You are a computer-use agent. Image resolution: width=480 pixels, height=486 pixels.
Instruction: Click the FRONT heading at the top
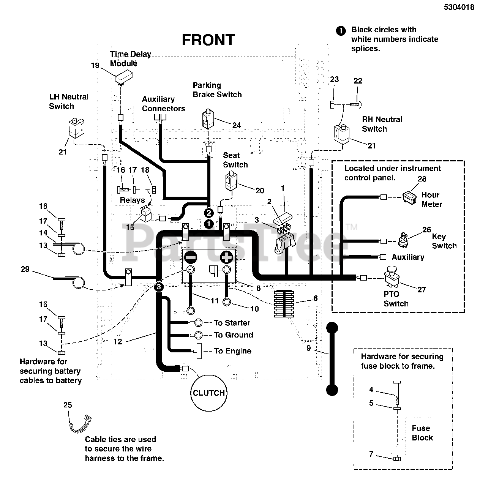(x=208, y=40)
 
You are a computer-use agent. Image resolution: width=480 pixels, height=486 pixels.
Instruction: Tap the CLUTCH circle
(x=208, y=393)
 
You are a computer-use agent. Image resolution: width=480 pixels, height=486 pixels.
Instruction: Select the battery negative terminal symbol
(x=191, y=257)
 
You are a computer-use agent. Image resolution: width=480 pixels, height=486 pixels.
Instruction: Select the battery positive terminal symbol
(x=227, y=257)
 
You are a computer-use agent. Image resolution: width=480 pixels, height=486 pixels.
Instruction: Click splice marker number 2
(x=209, y=212)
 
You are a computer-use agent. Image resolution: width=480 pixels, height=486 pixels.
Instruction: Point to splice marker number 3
(x=159, y=287)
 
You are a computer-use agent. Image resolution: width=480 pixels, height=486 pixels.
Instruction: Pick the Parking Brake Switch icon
(x=208, y=118)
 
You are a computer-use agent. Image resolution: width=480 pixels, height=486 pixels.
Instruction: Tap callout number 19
(x=95, y=65)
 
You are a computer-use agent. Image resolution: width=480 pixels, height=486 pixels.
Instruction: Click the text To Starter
(x=232, y=323)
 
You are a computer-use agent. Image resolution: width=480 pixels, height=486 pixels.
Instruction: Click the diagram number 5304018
(x=459, y=7)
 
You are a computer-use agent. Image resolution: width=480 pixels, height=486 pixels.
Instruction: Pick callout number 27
(x=422, y=290)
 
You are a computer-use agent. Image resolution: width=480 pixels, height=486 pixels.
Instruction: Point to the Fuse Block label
(x=422, y=433)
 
